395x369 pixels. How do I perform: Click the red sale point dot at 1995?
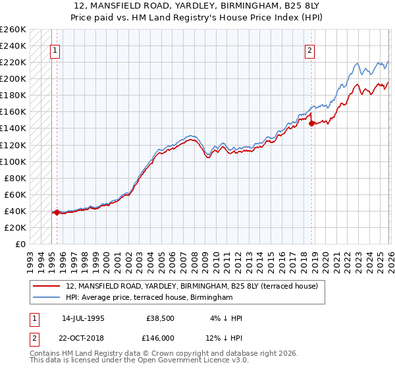[x=57, y=212]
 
